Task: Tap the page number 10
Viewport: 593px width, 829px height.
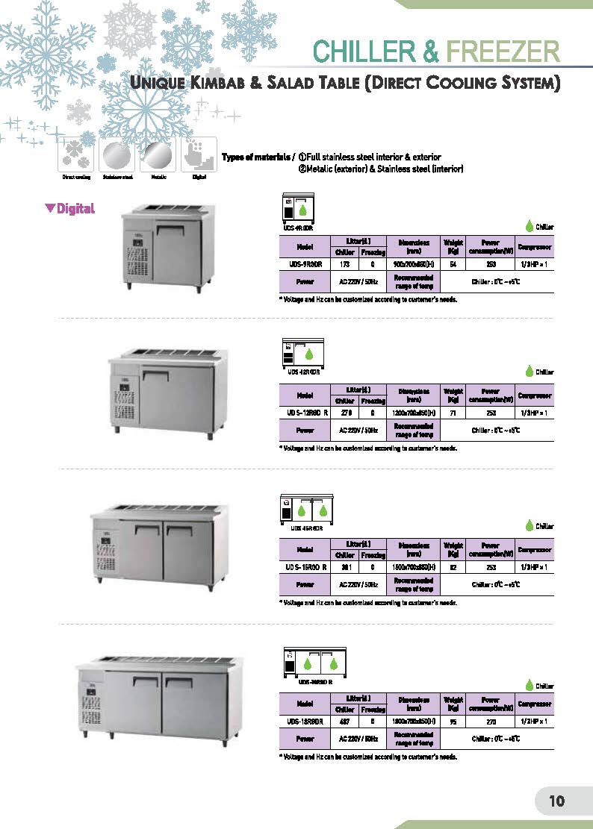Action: coord(557,801)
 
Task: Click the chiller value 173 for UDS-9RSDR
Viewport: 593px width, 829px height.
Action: coord(344,264)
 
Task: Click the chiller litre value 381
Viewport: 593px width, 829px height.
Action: coord(344,567)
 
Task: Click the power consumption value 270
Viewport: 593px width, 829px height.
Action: coord(490,722)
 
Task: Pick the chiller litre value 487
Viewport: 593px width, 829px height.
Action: coord(344,722)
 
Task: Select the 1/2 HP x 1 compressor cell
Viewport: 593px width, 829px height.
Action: coord(535,722)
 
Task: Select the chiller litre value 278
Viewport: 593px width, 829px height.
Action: coord(344,413)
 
